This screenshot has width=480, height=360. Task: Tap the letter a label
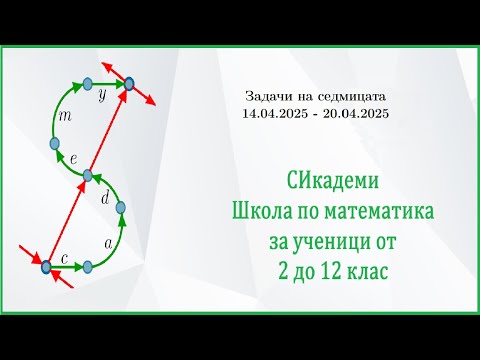[x=107, y=243]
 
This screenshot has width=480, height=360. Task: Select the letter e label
[x=74, y=159]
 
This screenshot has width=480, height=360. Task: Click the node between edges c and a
[x=88, y=266]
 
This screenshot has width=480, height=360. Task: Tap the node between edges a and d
[x=122, y=209]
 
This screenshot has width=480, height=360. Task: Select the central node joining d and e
[x=87, y=175]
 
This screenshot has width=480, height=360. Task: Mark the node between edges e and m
[x=55, y=144]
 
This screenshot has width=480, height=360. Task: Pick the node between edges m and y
[x=87, y=83]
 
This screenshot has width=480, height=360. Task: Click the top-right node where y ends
[x=130, y=83]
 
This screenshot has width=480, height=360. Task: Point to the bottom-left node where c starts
[x=45, y=266]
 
